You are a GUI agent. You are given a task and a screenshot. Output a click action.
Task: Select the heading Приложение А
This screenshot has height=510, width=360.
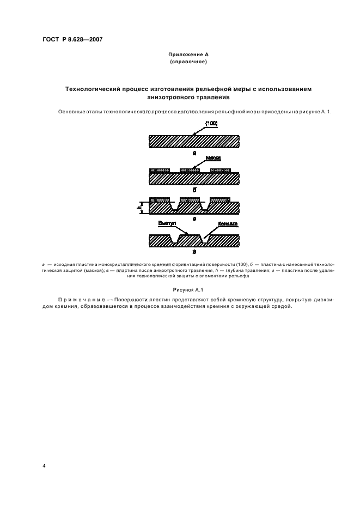coord(188,55)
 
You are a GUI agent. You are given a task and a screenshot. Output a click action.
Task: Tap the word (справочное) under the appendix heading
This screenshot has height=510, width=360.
coord(188,62)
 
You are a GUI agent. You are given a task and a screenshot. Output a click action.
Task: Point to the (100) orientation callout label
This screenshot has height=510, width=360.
coord(211,124)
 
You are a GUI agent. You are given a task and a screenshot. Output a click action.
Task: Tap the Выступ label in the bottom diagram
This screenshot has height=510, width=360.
coord(167,223)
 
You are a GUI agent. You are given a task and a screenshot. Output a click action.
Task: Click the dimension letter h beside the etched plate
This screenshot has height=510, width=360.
coord(139,207)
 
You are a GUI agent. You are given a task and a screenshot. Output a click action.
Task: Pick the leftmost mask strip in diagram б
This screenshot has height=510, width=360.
coord(160,171)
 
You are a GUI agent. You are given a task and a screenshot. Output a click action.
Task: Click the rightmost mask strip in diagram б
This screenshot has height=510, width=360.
coord(220,171)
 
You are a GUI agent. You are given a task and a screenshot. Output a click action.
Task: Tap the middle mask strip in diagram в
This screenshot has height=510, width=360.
coord(190,200)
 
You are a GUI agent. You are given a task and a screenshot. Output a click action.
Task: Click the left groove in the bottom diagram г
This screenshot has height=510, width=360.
coord(175,240)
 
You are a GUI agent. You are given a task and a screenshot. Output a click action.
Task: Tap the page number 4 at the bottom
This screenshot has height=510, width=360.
coord(44,466)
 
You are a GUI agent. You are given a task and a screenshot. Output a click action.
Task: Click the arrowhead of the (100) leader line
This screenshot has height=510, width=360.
coord(193,136)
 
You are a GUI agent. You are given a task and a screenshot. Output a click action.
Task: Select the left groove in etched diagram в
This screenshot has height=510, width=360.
coord(175,207)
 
